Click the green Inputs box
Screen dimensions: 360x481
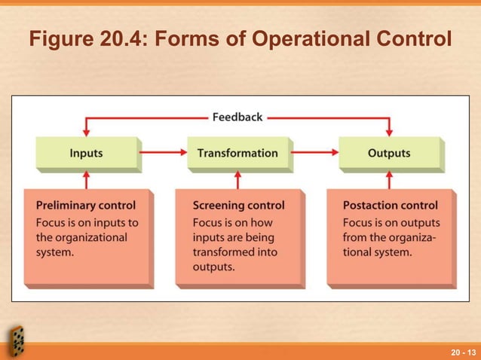(87, 153)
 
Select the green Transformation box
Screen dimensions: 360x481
(237, 153)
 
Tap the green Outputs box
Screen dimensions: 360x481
(389, 153)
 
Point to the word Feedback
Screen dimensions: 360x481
(237, 117)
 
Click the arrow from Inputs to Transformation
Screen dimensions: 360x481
(162, 153)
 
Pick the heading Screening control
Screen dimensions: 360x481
(239, 205)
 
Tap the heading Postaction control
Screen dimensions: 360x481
(390, 205)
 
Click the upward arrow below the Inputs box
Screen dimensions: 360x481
(87, 179)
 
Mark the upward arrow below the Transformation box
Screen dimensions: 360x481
(237, 179)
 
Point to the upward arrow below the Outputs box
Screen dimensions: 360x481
(389, 179)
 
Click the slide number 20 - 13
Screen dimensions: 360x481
(462, 352)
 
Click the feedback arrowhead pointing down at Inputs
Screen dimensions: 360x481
(87, 132)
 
